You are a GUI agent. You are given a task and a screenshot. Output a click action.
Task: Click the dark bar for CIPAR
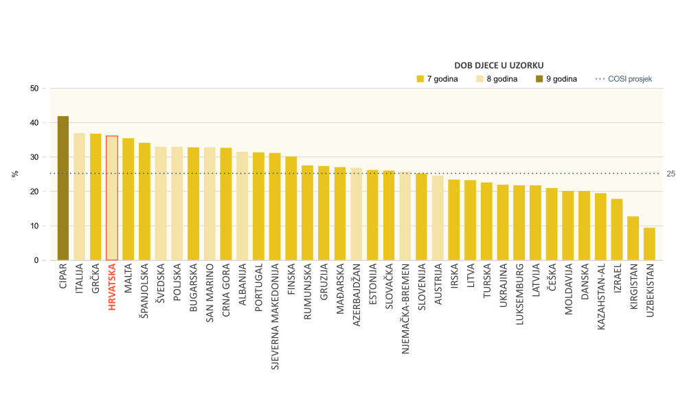point(63,189)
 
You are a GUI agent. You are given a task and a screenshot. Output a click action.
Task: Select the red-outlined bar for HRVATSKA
point(112,198)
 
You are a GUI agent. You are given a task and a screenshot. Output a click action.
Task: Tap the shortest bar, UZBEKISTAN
point(649,244)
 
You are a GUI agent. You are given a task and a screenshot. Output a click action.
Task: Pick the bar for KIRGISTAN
point(633,238)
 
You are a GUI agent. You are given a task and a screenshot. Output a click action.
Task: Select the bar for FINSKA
point(291,209)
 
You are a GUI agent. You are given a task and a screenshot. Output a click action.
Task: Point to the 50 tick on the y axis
point(34,89)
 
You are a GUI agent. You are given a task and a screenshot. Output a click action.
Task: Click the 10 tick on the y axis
point(34,226)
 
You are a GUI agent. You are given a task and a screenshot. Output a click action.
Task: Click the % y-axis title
point(14,174)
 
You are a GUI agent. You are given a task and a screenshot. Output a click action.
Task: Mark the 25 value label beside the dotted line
point(671,173)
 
